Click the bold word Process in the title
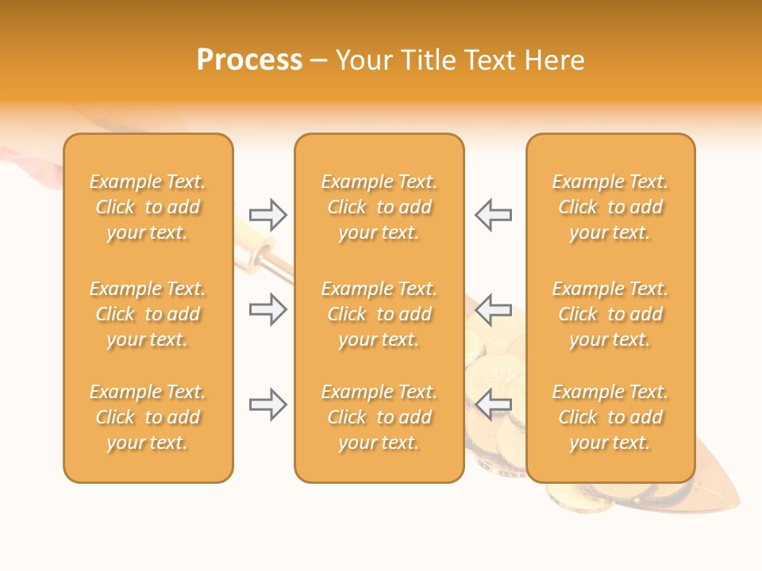(249, 60)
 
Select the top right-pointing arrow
(267, 214)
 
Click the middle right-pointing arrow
(267, 309)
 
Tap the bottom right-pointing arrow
(267, 404)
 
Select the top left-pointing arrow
(494, 214)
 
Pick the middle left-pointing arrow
(494, 309)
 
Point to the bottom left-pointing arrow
(494, 404)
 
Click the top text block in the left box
(148, 207)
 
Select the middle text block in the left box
(148, 314)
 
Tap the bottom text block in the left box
(148, 417)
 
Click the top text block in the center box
(379, 207)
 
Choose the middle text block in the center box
(379, 314)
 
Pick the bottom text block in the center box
(379, 417)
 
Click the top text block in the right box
(610, 207)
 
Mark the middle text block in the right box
(610, 314)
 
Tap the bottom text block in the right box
(610, 417)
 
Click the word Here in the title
(556, 60)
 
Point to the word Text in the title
(491, 60)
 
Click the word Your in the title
(364, 60)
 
